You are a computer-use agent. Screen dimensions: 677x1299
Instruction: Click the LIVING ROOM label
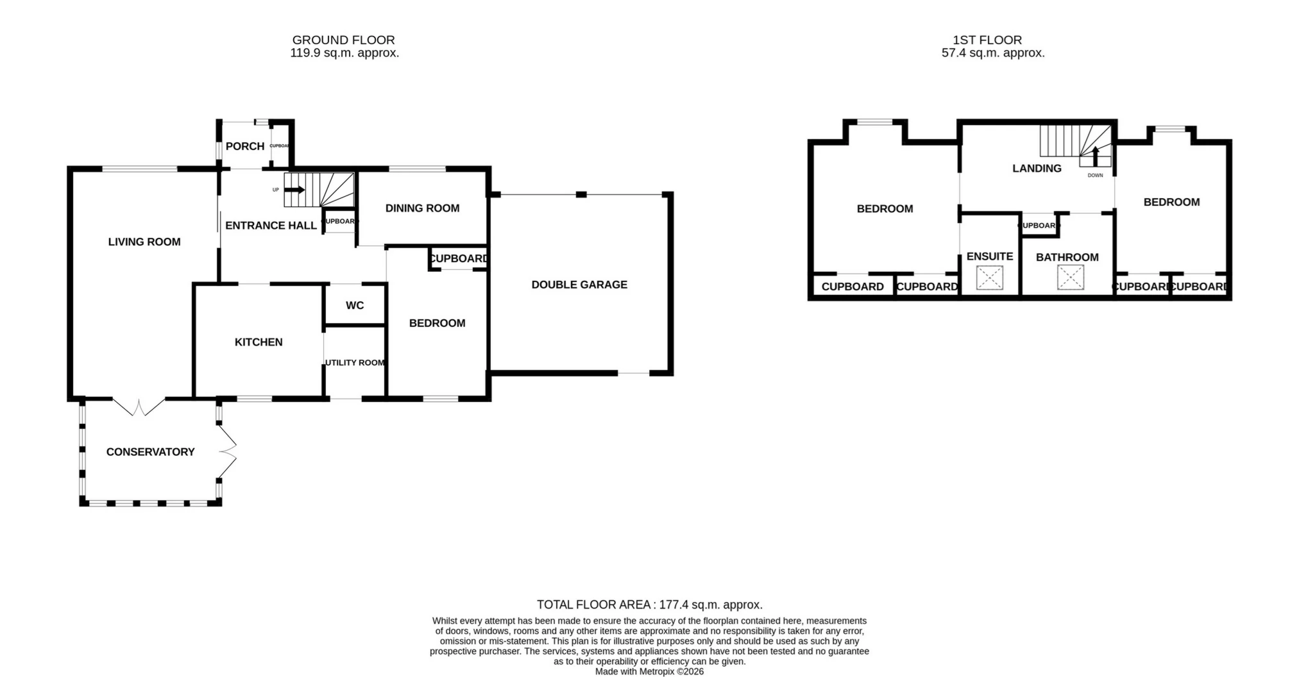[x=144, y=242]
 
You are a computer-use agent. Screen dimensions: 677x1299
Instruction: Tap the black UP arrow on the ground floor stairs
[x=296, y=190]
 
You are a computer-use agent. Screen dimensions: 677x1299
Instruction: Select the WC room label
[x=355, y=305]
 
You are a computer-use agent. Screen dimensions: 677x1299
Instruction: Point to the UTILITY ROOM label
[x=355, y=363]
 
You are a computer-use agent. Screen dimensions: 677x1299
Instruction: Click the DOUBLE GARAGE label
[x=579, y=285]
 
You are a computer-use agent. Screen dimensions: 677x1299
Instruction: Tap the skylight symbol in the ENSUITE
[x=989, y=278]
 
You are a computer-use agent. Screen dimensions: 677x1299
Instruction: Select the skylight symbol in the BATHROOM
[x=1070, y=278]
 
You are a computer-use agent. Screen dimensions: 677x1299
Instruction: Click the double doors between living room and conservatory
[x=139, y=406]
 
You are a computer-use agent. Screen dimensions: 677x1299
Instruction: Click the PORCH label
[x=245, y=146]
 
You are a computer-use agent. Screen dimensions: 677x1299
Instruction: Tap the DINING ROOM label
[x=422, y=208]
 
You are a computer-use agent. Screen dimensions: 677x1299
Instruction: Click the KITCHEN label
[x=259, y=342]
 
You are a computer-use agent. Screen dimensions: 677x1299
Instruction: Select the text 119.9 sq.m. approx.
[x=344, y=53]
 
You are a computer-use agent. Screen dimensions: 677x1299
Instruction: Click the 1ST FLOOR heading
[x=987, y=40]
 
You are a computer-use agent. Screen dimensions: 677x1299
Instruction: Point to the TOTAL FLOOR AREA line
[x=649, y=605]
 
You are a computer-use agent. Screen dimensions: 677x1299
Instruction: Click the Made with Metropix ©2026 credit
[x=649, y=672]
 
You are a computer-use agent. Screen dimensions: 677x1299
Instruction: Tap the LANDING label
[x=1037, y=169]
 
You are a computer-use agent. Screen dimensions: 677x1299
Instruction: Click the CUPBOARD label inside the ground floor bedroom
[x=458, y=258]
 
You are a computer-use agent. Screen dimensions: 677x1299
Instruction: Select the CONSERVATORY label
[x=150, y=452]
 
